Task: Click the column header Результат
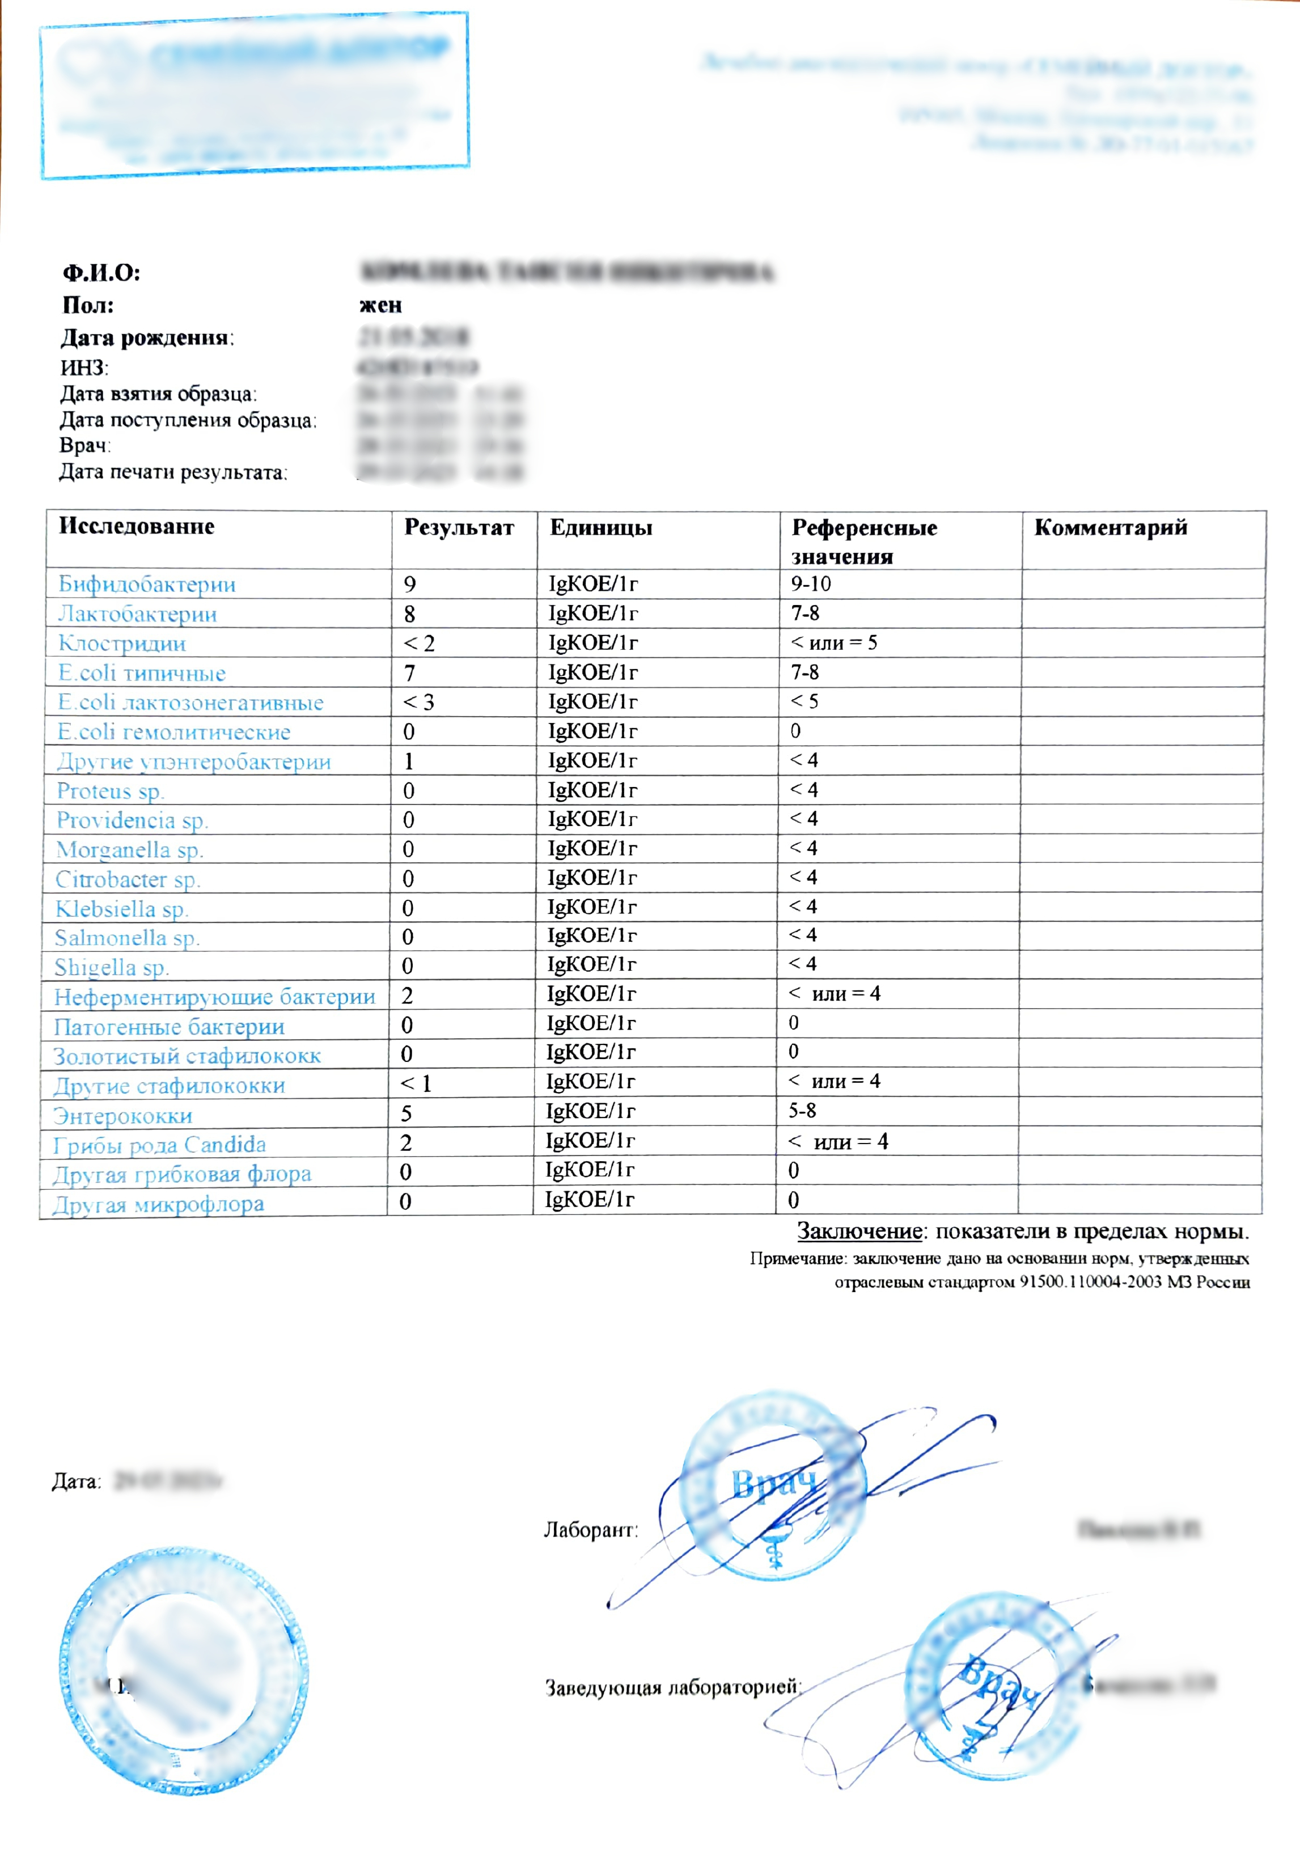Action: pos(459,528)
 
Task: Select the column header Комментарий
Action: pos(1110,528)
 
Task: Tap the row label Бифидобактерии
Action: pos(147,584)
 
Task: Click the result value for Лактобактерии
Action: pos(410,613)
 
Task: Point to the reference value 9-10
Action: pos(811,583)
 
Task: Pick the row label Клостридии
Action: pos(122,644)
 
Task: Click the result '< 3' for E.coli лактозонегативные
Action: pos(418,702)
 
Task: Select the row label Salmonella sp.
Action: pos(127,938)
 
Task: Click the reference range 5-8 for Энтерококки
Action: pos(802,1110)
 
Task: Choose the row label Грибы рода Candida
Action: pos(160,1145)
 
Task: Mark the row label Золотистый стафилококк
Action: pos(187,1056)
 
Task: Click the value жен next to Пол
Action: pos(380,306)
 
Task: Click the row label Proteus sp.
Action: pos(110,791)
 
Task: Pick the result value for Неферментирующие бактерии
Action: pos(407,996)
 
